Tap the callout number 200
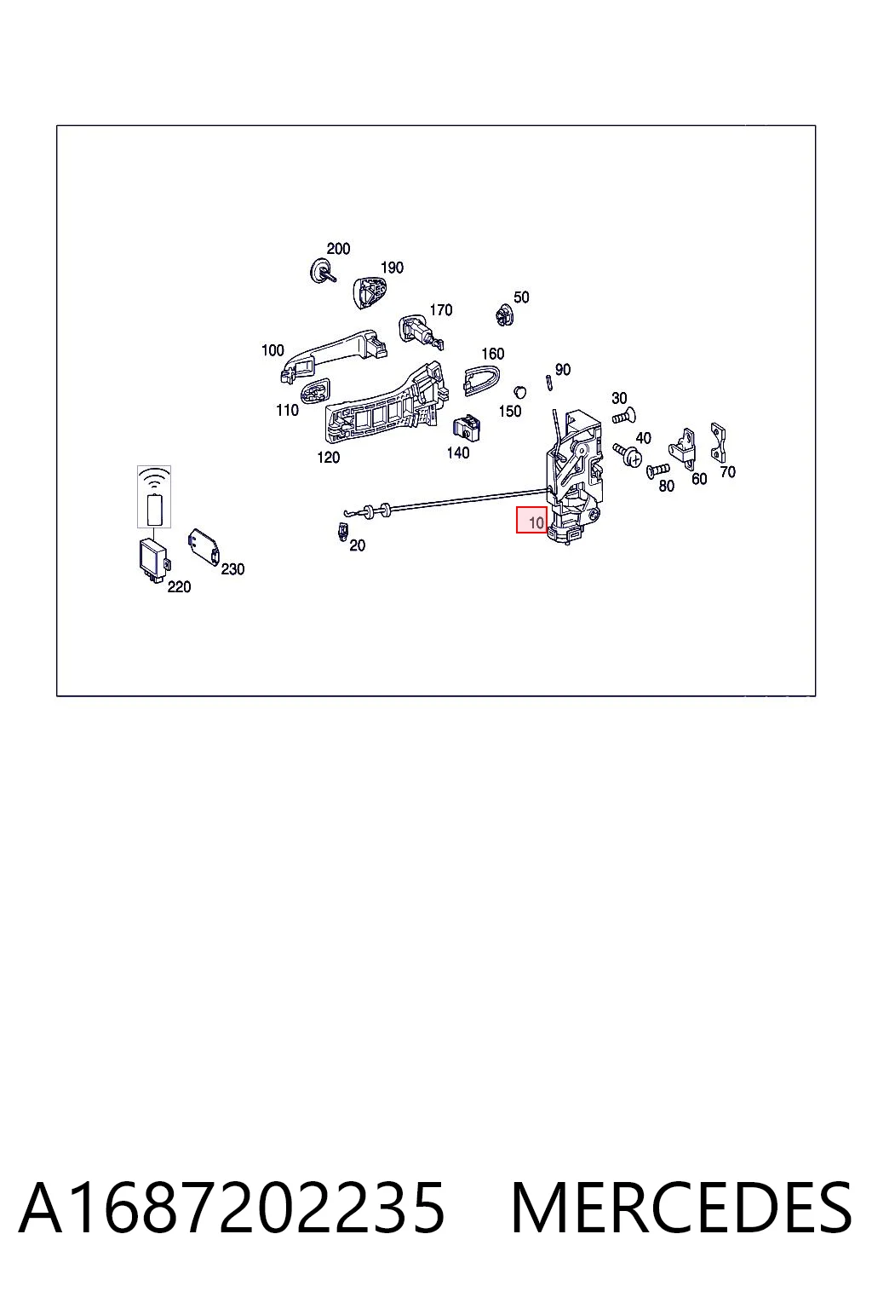point(338,248)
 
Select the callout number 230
point(232,568)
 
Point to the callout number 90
point(562,369)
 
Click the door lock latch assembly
point(573,477)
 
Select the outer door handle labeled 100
point(334,355)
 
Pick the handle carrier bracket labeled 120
point(387,402)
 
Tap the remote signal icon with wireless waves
point(153,497)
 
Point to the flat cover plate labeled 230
point(204,546)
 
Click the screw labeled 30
point(624,418)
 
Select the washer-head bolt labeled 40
point(628,454)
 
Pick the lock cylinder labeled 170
point(421,332)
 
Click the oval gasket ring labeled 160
point(481,380)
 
